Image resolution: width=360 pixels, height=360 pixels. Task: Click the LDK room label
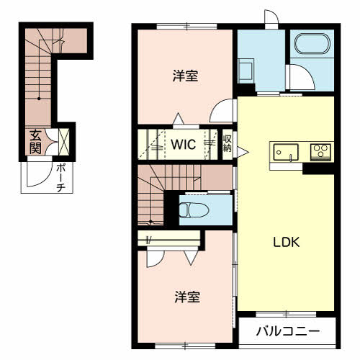tap(285, 243)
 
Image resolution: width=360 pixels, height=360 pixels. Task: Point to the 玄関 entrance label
tap(35, 140)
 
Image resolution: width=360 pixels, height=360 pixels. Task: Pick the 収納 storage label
tap(227, 143)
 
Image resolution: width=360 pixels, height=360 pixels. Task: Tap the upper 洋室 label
tap(186, 75)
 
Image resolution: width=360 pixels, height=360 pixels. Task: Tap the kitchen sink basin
tap(285, 153)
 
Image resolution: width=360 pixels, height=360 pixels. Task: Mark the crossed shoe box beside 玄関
tap(63, 141)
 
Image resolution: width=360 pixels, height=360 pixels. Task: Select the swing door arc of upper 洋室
tap(222, 112)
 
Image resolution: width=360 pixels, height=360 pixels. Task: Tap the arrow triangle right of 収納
tap(242, 150)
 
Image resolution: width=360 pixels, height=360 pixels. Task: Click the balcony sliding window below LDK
tap(286, 313)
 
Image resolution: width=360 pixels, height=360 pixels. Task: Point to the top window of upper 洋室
tap(186, 27)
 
